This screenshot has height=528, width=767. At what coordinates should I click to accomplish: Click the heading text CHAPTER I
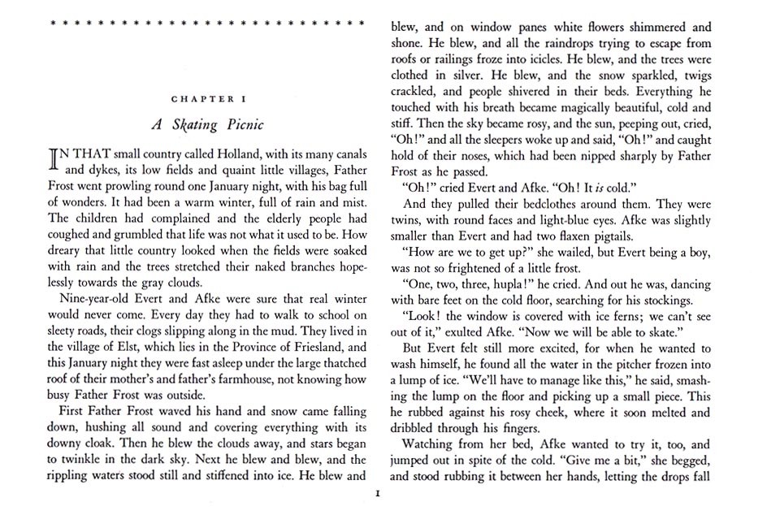pyautogui.click(x=209, y=98)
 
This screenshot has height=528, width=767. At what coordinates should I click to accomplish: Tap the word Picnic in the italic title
pyautogui.click(x=240, y=126)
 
